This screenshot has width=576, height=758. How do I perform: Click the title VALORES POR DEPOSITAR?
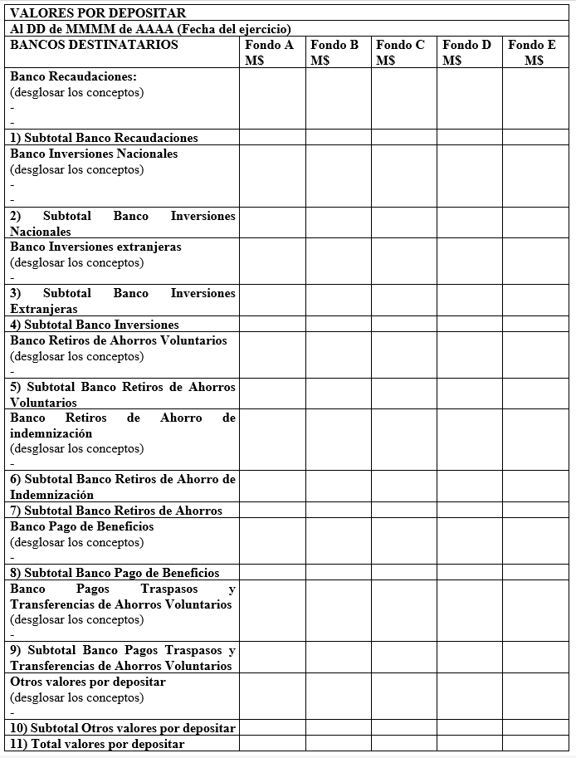pyautogui.click(x=98, y=13)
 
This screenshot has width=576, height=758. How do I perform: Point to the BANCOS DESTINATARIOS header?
pyautogui.click(x=94, y=45)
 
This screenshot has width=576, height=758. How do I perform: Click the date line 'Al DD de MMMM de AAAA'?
pyautogui.click(x=150, y=29)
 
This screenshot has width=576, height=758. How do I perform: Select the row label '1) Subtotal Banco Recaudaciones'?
pyautogui.click(x=104, y=138)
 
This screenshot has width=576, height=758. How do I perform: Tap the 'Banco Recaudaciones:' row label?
pyautogui.click(x=73, y=76)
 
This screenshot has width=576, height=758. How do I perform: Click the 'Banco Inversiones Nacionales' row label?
pyautogui.click(x=94, y=154)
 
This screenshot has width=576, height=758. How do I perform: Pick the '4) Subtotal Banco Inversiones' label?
pyautogui.click(x=94, y=325)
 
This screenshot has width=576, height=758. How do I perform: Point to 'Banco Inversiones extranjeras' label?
pyautogui.click(x=95, y=247)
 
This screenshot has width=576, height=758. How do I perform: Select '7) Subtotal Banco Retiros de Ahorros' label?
pyautogui.click(x=116, y=511)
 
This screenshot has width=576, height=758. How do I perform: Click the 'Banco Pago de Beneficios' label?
pyautogui.click(x=82, y=526)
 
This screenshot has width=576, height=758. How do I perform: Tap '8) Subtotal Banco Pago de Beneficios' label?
pyautogui.click(x=115, y=573)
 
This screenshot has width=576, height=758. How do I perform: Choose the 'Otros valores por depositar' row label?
pyautogui.click(x=88, y=682)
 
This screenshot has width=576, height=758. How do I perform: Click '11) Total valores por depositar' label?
pyautogui.click(x=97, y=744)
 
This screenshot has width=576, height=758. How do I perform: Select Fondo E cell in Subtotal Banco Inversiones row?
pyautogui.click(x=535, y=325)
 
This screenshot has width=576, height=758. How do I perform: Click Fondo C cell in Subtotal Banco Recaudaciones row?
pyautogui.click(x=403, y=138)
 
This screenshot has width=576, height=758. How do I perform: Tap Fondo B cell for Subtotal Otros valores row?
pyautogui.click(x=338, y=728)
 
